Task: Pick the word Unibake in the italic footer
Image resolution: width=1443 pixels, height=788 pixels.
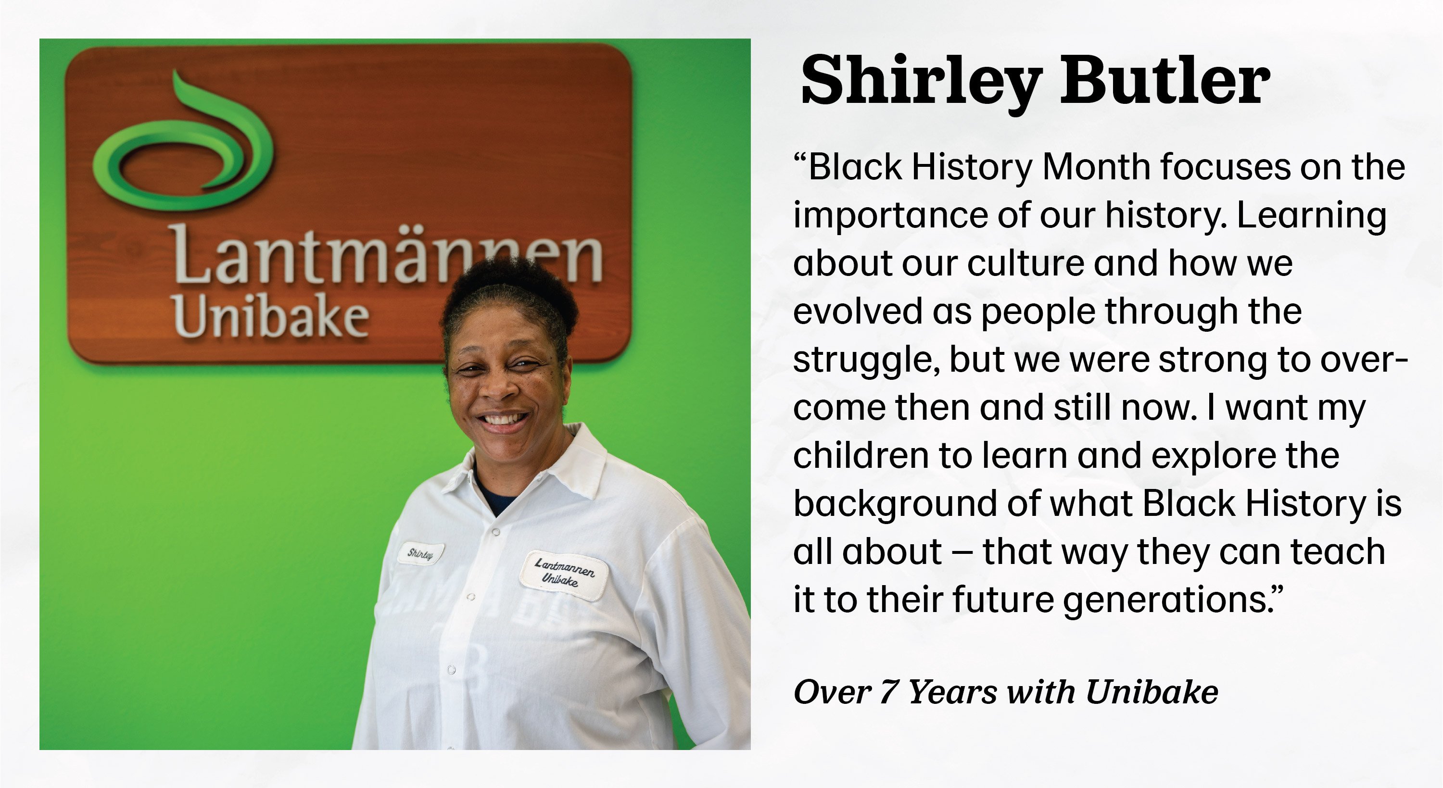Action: click(x=1152, y=692)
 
